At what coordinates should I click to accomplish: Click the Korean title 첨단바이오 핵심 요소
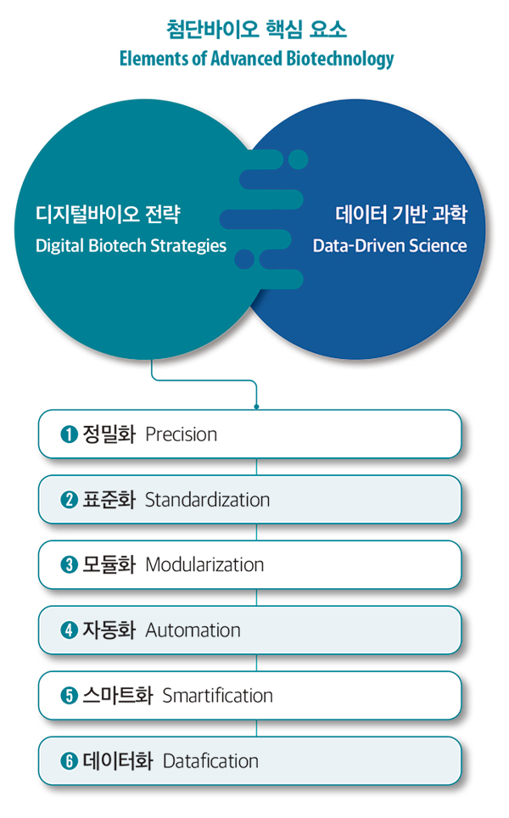click(x=256, y=29)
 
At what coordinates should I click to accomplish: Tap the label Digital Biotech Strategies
click(x=131, y=246)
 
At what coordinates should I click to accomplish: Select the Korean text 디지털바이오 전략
click(x=108, y=214)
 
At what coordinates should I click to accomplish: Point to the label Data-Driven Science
click(x=389, y=246)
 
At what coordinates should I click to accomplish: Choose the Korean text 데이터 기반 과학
click(x=401, y=214)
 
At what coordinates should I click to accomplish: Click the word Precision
click(x=181, y=434)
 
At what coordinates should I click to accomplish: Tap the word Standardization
click(x=207, y=500)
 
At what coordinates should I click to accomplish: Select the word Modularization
click(x=204, y=565)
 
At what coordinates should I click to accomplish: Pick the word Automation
click(x=193, y=630)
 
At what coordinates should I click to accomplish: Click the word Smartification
click(x=217, y=696)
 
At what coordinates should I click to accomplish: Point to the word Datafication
click(x=210, y=761)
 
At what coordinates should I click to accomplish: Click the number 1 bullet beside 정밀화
click(x=69, y=434)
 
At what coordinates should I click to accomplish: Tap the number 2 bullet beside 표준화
click(x=69, y=500)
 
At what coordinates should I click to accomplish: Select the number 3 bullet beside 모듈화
click(x=69, y=565)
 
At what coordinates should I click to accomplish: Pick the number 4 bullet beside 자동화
click(x=69, y=630)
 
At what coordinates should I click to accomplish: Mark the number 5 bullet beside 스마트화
click(x=69, y=696)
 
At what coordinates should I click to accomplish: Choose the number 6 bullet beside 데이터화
click(x=69, y=761)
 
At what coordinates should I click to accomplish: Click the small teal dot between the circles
click(x=299, y=160)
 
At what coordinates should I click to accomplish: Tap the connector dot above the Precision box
click(x=256, y=406)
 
